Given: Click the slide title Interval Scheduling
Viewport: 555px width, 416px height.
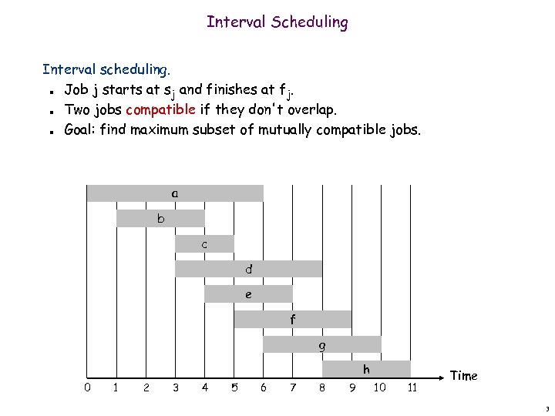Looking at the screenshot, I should point(277,22).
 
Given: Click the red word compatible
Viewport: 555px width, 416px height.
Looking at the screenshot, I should point(160,109).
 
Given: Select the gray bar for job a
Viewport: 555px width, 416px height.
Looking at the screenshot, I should point(175,193).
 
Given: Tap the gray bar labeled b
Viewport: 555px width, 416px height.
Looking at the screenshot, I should point(160,219).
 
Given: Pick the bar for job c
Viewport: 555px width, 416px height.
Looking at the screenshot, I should point(204,244).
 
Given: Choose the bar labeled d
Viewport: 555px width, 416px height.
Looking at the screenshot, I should point(248,269).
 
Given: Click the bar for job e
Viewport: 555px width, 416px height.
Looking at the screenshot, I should point(248,294).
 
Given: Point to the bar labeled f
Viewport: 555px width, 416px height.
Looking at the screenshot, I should point(293,319).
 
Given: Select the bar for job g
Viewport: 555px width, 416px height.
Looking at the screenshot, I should point(322,344).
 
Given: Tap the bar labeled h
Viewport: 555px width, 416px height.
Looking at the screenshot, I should point(366,370).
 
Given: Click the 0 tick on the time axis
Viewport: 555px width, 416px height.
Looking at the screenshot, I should point(87,387).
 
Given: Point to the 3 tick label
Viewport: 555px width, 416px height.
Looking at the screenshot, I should point(176,387).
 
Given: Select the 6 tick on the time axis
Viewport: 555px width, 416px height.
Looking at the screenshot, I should point(264,387).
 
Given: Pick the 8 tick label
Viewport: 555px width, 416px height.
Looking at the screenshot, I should point(322,387).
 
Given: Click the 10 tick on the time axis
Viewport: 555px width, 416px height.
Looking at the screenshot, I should point(380,387).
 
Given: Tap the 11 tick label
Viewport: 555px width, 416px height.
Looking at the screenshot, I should point(412,387).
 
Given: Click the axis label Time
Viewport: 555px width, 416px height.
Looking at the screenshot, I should point(463,376).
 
